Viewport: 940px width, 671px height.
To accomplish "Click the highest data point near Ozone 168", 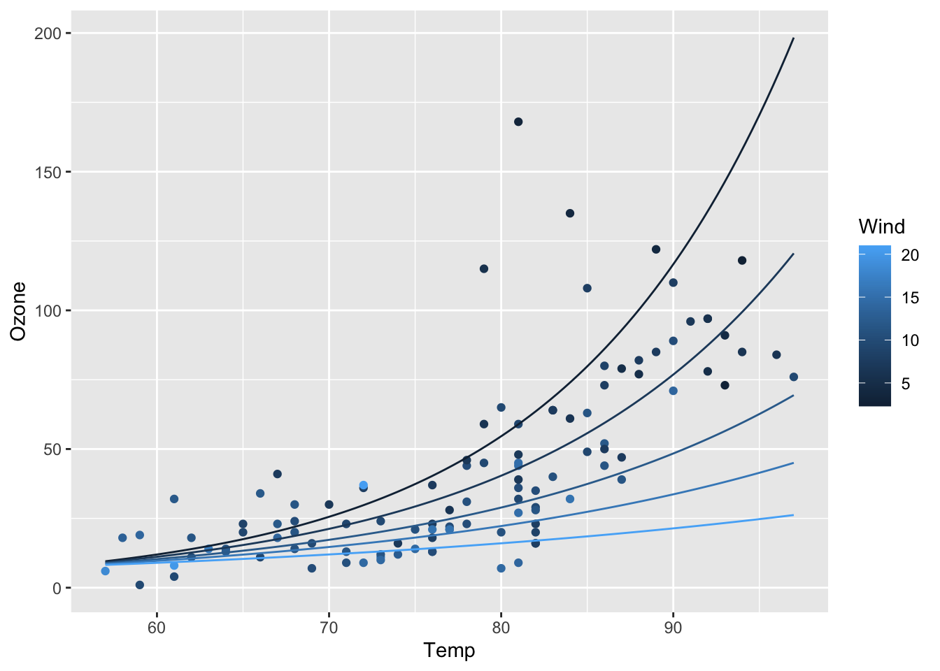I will [518, 122].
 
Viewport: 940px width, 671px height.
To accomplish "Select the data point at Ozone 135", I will [570, 213].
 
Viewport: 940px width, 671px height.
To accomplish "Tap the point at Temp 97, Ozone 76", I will [794, 377].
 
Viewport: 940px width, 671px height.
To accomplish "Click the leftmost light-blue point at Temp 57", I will [106, 571].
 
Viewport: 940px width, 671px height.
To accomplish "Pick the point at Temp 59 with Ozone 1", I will [140, 585].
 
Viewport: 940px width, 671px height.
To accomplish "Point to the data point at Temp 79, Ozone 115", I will [484, 268].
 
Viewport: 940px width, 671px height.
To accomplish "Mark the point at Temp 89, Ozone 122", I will [656, 250].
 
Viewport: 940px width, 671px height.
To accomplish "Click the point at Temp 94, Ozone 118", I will [742, 261].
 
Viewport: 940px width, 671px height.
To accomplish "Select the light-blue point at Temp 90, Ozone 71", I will [674, 391].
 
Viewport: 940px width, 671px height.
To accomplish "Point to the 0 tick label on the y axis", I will [58, 588].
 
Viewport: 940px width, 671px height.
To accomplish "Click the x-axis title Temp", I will [449, 651].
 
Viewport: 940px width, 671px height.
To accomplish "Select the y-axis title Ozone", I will [19, 310].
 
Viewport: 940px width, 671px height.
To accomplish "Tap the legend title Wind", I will [881, 226].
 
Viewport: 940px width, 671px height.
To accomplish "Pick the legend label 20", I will [909, 256].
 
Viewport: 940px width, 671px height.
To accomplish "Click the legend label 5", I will [905, 383].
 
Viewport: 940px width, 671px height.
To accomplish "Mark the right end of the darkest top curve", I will [794, 38].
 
